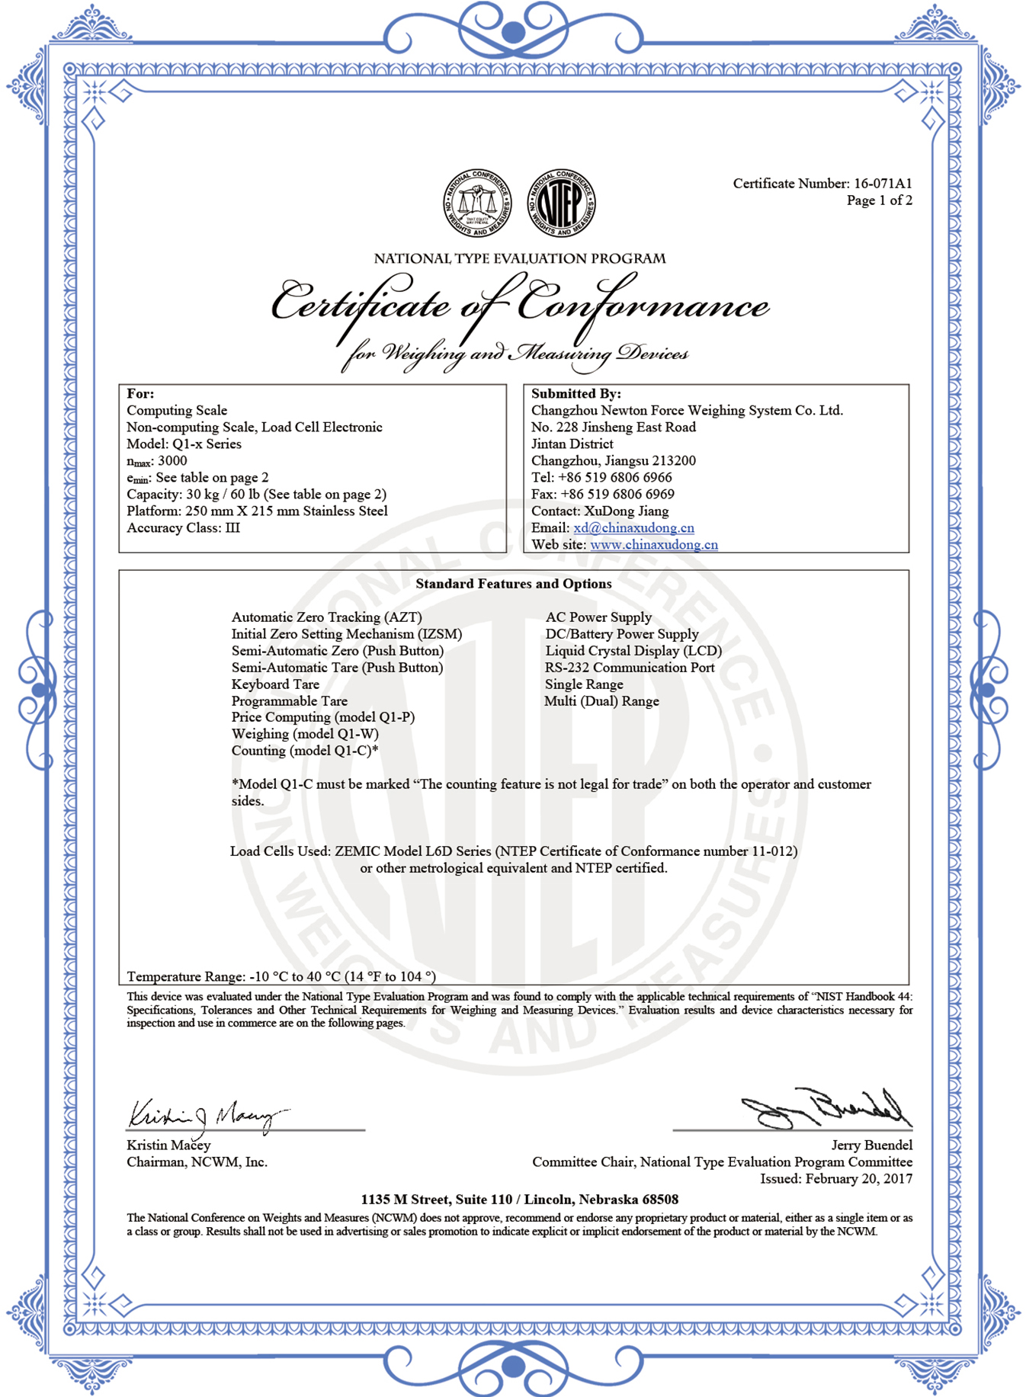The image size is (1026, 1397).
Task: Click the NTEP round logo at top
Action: (562, 203)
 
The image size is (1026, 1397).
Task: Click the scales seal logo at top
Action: (477, 203)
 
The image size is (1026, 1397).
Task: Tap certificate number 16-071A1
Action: (882, 184)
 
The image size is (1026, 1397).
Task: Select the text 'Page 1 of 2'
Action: (879, 200)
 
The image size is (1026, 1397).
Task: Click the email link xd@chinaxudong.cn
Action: (633, 528)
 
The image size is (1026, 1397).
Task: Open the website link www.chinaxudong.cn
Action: (653, 545)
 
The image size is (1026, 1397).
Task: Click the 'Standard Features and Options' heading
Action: (513, 584)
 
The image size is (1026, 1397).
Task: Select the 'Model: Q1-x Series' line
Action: (184, 444)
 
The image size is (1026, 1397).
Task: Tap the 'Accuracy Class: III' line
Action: (183, 528)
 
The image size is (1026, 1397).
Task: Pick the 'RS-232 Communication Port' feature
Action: (630, 668)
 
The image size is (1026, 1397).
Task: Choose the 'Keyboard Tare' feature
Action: (275, 684)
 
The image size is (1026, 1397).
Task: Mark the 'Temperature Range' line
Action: (281, 976)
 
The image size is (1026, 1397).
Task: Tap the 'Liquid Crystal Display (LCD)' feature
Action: (633, 651)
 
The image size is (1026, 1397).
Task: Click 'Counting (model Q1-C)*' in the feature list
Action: (305, 751)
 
